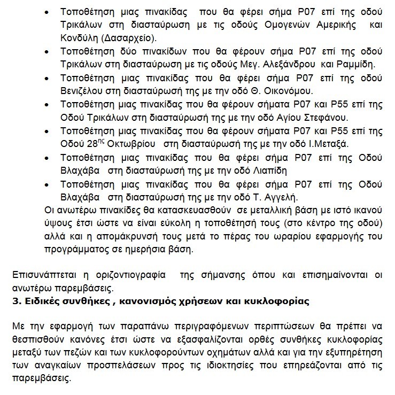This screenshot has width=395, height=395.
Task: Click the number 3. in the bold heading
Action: pos(16,301)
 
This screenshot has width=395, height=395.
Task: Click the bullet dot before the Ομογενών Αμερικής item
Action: pos(48,12)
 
